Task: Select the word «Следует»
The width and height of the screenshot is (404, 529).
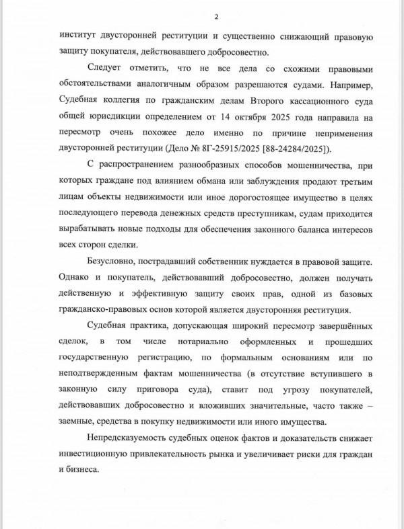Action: [x=108, y=69]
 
